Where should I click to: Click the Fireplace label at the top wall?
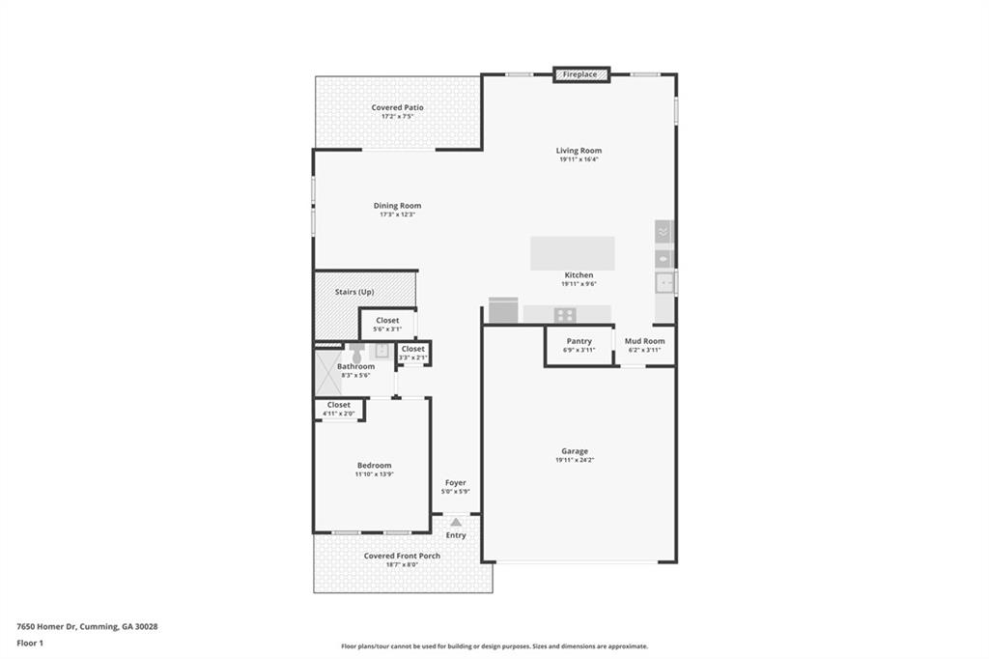click(579, 74)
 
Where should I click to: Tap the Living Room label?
click(579, 151)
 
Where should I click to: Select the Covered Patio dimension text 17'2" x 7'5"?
click(397, 117)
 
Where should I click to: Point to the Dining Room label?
click(397, 206)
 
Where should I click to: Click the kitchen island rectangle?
click(572, 253)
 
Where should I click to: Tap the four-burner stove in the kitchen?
click(565, 314)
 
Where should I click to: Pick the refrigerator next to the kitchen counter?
click(503, 310)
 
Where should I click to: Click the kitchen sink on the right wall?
click(664, 283)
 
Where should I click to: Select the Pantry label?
click(579, 341)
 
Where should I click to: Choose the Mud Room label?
click(644, 341)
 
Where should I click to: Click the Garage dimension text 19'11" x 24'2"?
click(575, 461)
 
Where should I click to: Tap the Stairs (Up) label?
click(354, 292)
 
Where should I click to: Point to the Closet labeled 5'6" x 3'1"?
click(387, 321)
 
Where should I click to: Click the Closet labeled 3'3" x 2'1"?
click(413, 349)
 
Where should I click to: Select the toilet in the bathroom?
click(356, 355)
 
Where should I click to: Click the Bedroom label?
click(374, 466)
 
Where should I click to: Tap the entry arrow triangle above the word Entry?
click(456, 522)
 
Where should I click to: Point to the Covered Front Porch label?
click(402, 556)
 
